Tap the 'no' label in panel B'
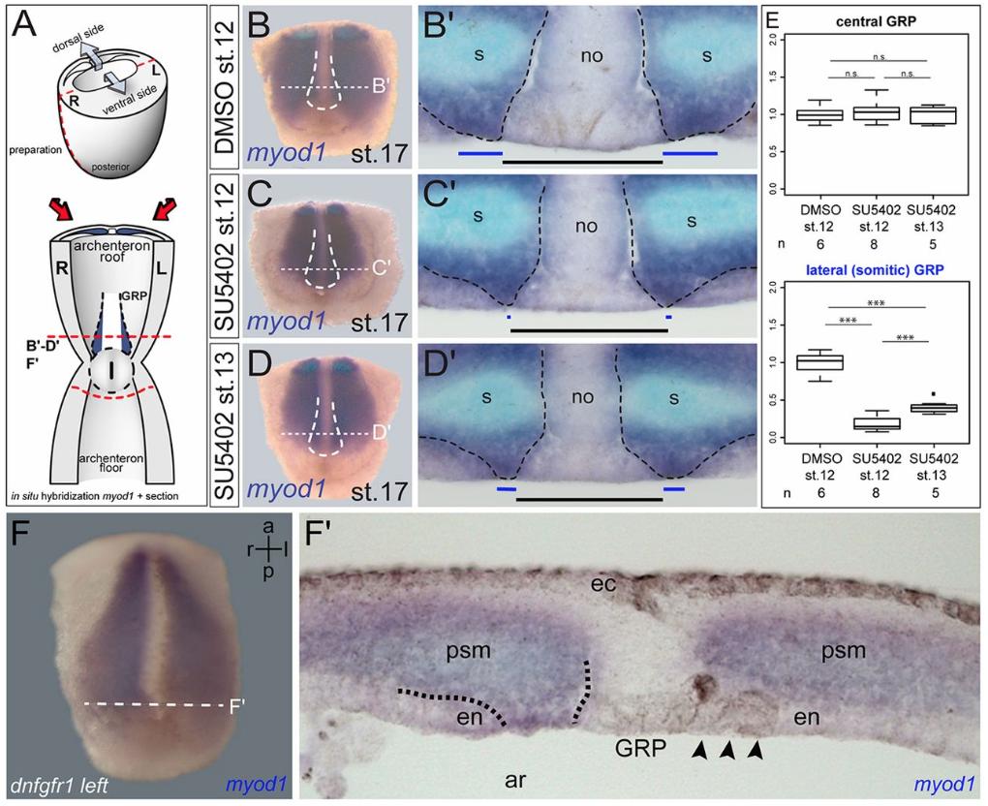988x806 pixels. point(592,57)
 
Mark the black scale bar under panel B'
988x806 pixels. point(582,162)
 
